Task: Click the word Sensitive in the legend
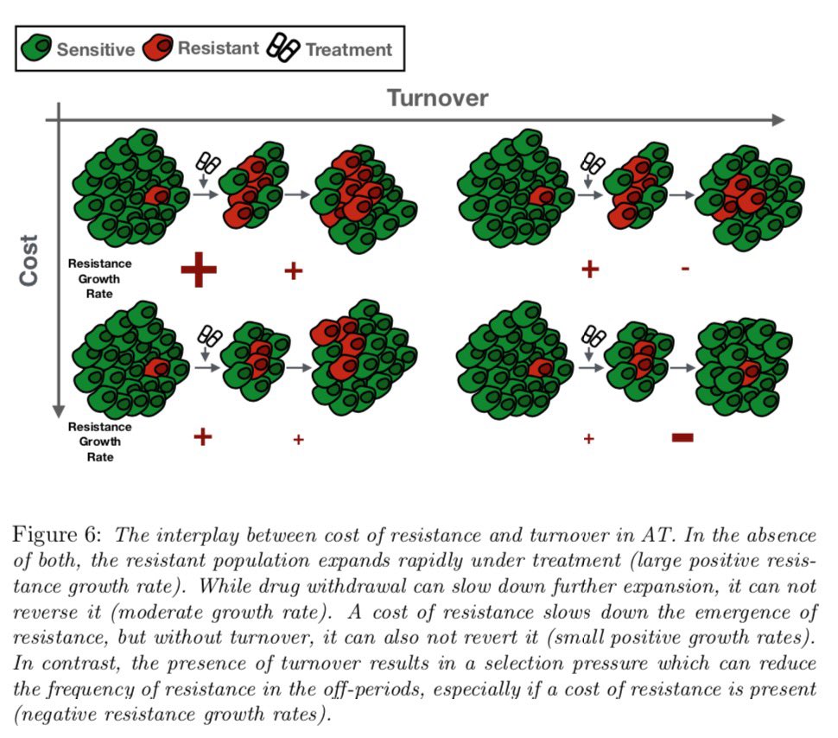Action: click(x=96, y=49)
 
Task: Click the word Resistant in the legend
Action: click(x=218, y=48)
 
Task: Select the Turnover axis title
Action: click(x=437, y=98)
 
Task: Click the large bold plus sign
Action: click(x=199, y=270)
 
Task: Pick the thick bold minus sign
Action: click(x=682, y=438)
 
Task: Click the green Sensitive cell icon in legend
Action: click(x=37, y=48)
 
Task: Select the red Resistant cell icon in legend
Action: click(x=160, y=48)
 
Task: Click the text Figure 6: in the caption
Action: click(x=54, y=534)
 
